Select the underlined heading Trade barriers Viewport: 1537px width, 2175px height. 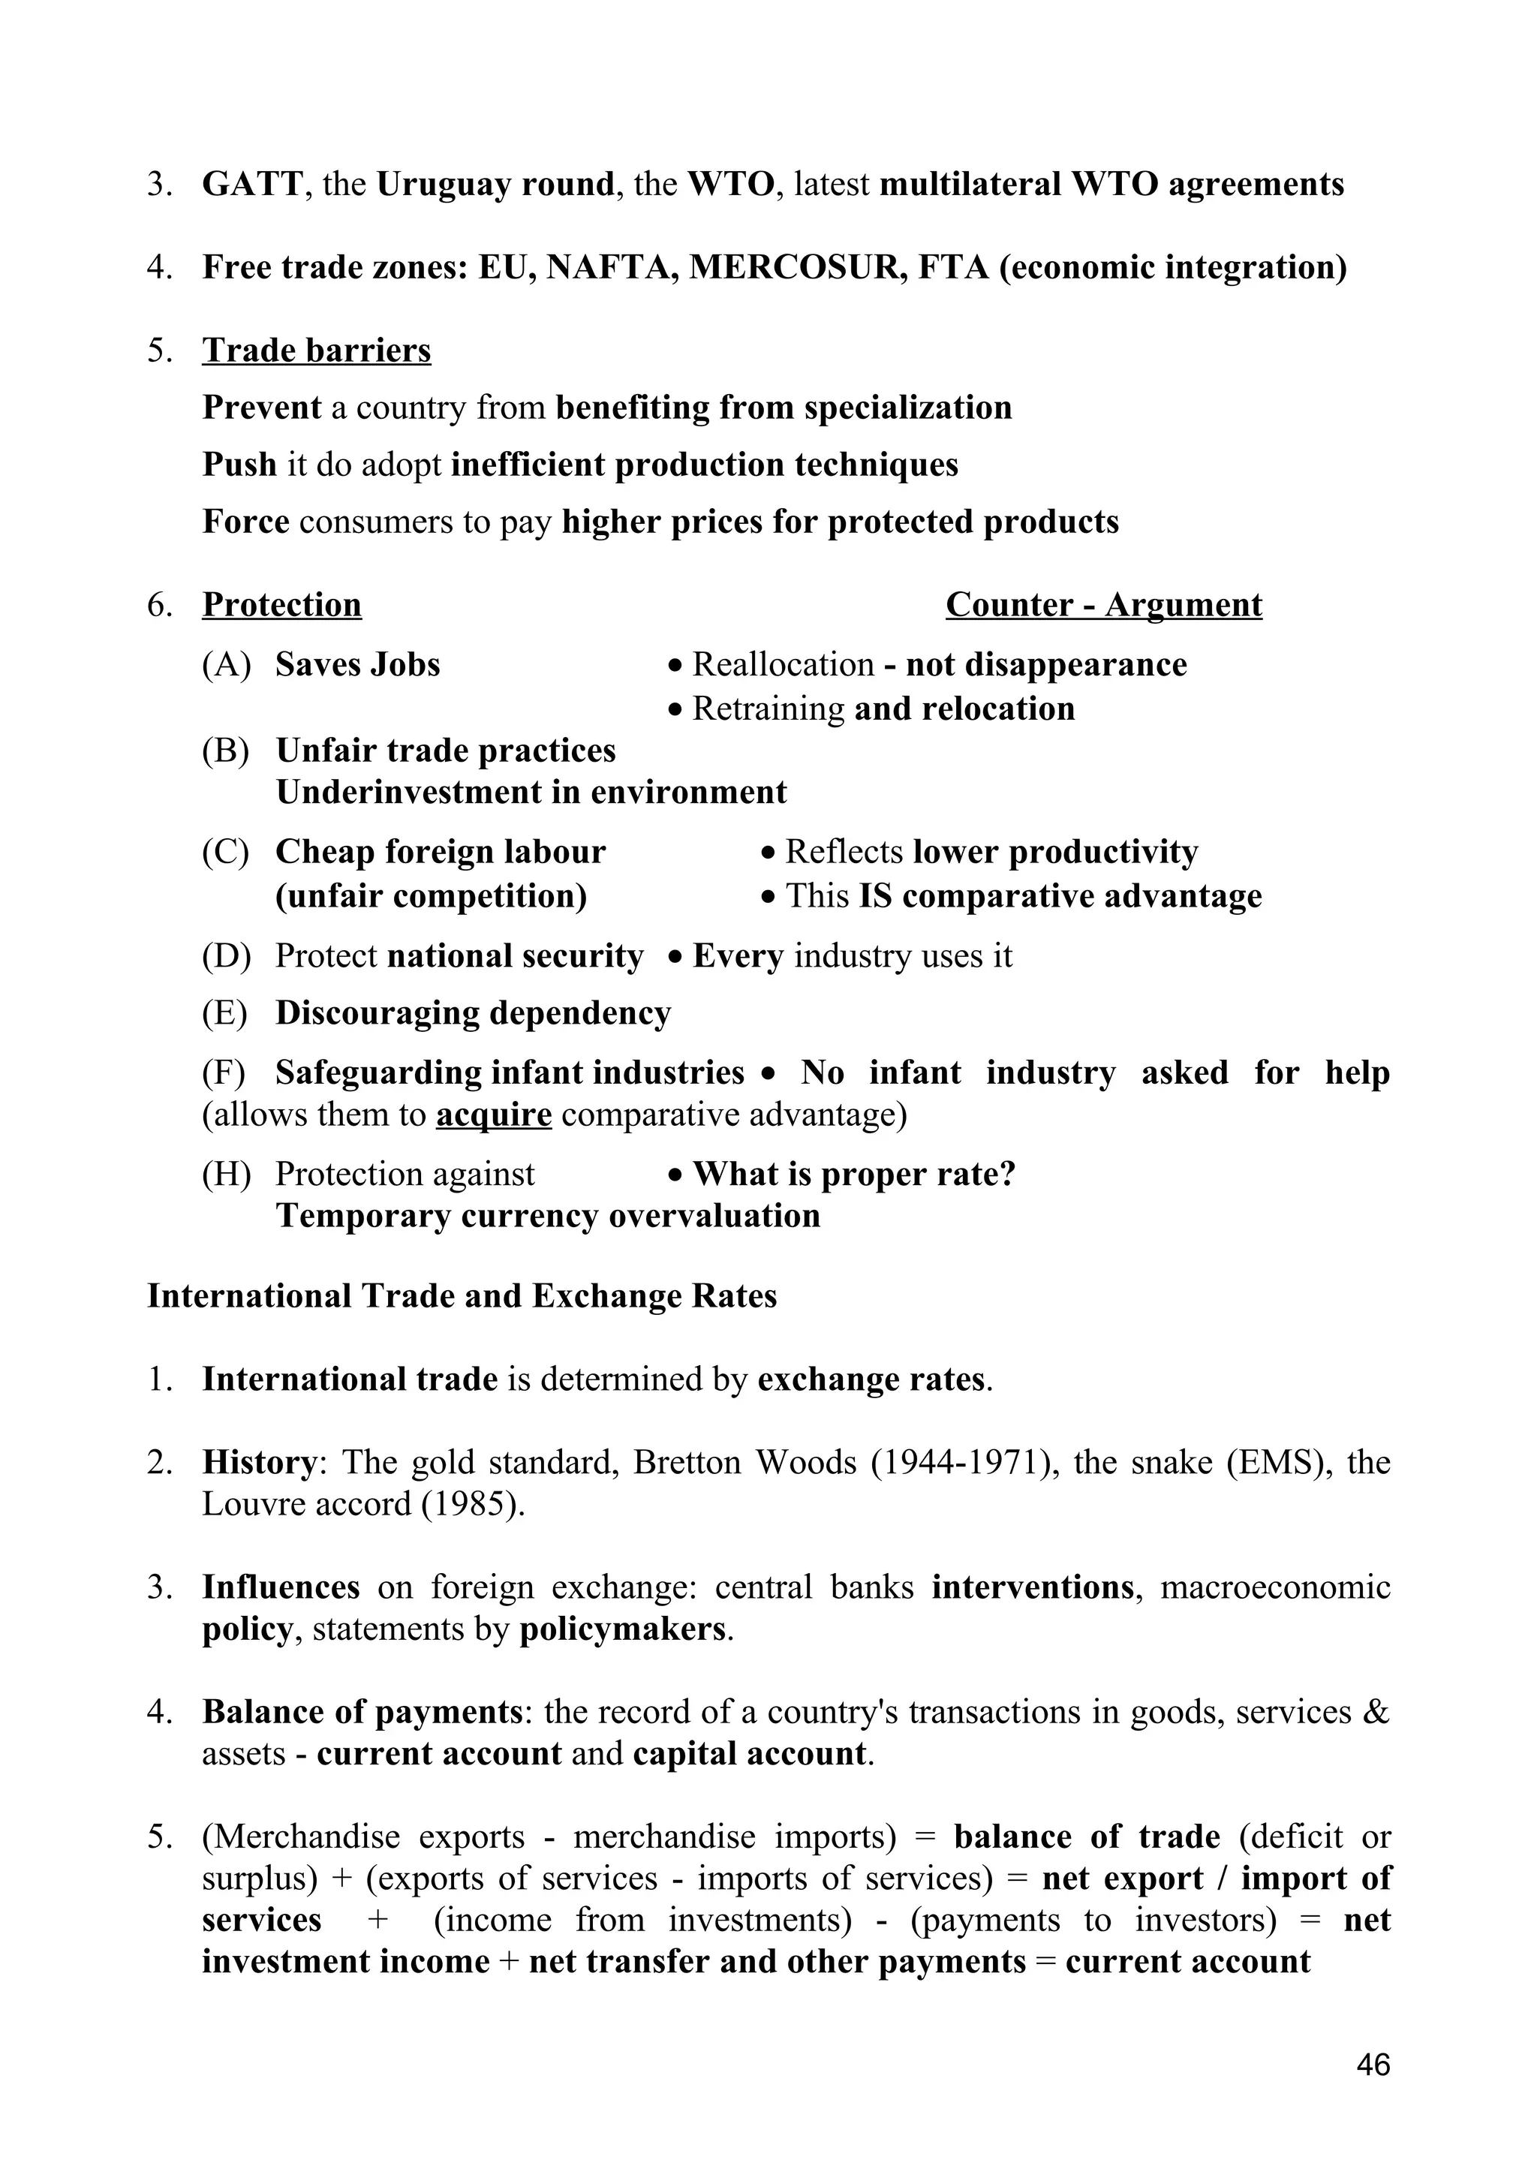tap(316, 350)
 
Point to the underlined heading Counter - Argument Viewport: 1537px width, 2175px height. tap(1103, 604)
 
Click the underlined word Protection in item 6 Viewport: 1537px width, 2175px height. tap(281, 604)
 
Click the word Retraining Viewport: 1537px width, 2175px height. tap(768, 708)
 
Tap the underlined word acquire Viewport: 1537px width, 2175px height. tap(493, 1114)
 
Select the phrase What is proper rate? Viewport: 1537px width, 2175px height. tap(853, 1174)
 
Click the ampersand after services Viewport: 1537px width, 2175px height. tap(1377, 1712)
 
